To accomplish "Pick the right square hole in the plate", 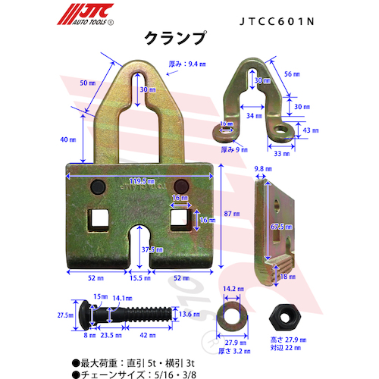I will [180, 218].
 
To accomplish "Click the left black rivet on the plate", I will [98, 186].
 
